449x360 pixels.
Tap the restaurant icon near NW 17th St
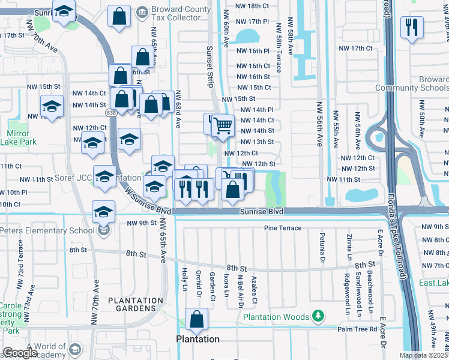click(412, 28)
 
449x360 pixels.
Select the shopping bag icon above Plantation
click(196, 320)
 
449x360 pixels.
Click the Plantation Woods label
click(276, 317)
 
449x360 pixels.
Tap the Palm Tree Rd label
click(357, 329)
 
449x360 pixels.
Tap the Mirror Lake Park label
click(22, 137)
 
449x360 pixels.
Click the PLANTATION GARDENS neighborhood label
click(131, 304)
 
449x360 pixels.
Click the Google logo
click(19, 353)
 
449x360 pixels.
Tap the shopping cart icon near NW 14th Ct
click(223, 126)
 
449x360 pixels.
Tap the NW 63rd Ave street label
click(178, 110)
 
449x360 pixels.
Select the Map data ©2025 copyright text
click(424, 355)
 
